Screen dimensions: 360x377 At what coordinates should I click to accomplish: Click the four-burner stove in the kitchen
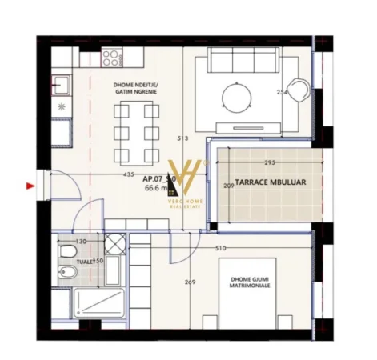point(110,57)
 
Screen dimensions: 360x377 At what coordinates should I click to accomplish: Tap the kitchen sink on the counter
point(62,83)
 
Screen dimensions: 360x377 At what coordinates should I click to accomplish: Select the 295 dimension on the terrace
point(270,162)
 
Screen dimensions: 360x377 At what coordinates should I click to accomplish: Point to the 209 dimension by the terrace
point(228,186)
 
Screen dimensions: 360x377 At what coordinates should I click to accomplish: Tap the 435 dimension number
point(128,174)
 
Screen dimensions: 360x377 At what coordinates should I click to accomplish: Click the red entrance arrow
point(31,186)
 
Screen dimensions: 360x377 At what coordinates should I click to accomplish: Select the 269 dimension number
point(189,281)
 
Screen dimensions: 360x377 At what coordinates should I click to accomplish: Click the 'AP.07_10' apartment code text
point(158,179)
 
